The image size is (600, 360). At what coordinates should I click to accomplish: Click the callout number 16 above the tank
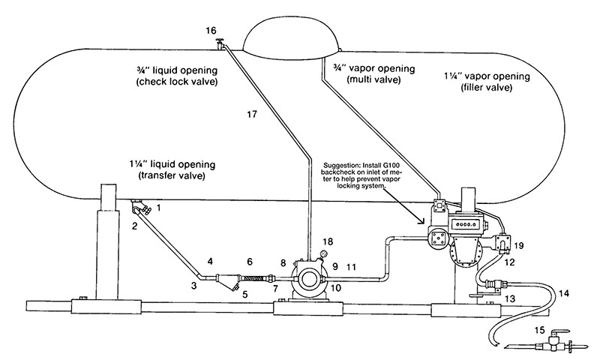click(x=211, y=31)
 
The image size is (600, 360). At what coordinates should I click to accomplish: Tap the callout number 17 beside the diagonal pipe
click(x=252, y=114)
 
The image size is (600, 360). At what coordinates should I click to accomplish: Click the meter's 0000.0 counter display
click(x=463, y=223)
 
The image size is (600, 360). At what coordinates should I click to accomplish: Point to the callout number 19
click(x=518, y=244)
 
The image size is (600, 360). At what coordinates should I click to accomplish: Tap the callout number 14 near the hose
click(x=564, y=293)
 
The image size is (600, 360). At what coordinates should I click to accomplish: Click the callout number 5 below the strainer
click(x=245, y=295)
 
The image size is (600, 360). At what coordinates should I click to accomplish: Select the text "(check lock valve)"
click(x=177, y=82)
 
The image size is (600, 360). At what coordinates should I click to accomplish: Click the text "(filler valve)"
click(x=487, y=87)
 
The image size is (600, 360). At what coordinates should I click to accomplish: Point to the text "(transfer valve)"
click(x=172, y=176)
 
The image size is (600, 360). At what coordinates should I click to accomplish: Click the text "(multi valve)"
click(x=373, y=80)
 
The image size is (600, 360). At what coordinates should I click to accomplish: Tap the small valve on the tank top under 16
click(x=220, y=44)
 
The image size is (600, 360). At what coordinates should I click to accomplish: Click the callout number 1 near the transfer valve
click(x=159, y=208)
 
